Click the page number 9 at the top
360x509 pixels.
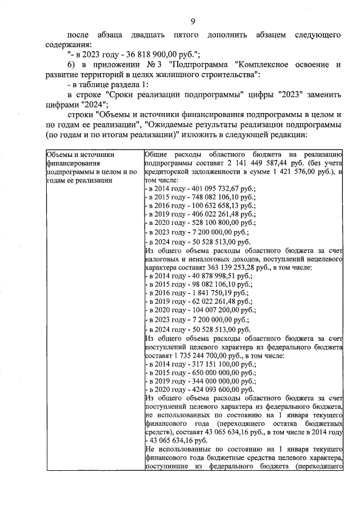coord(192,22)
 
